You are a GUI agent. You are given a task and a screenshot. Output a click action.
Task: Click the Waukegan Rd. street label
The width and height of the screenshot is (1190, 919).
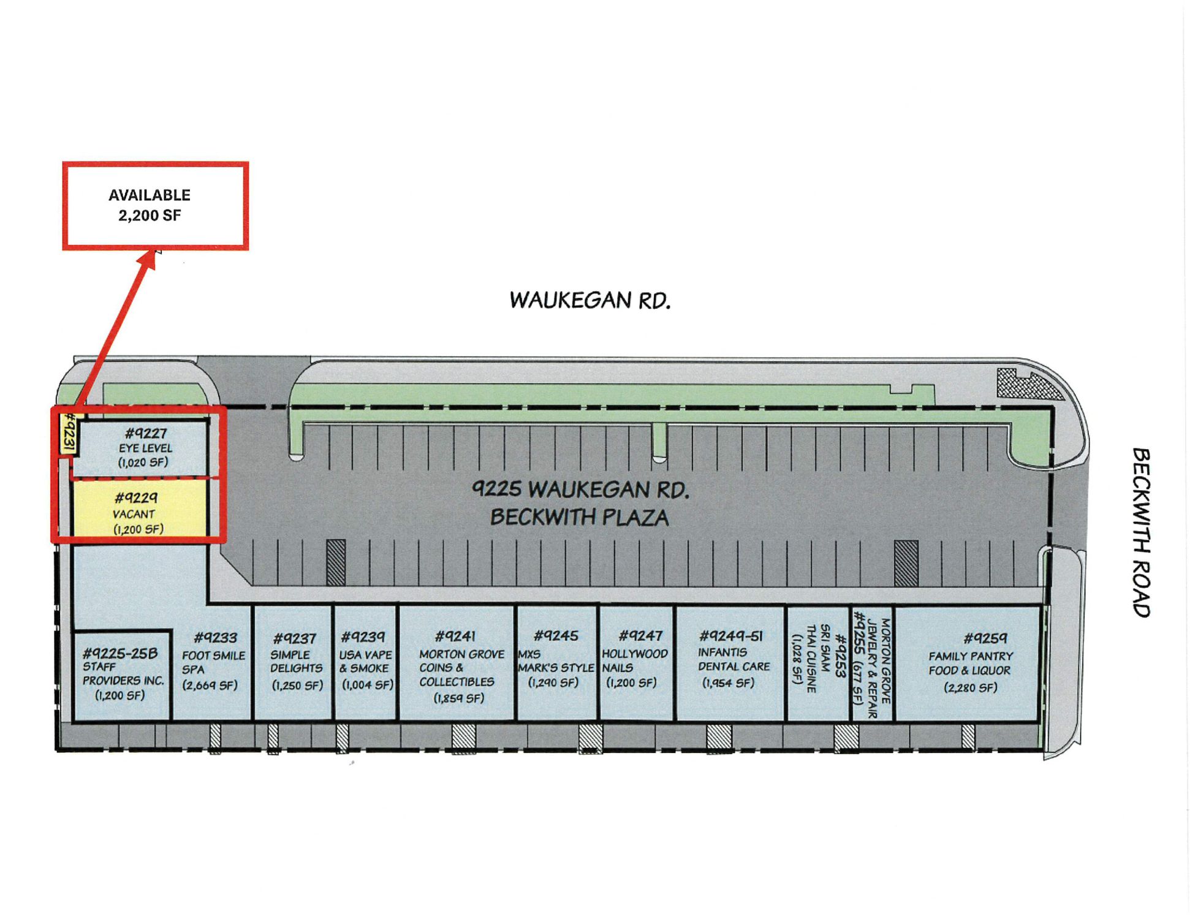coord(589,300)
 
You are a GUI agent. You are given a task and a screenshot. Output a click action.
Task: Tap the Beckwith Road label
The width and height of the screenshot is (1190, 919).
coord(1141,532)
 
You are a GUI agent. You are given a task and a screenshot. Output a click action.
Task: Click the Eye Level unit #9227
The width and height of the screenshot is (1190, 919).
coord(145,447)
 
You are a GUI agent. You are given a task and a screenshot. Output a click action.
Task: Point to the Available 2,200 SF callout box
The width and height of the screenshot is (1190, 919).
coord(155,205)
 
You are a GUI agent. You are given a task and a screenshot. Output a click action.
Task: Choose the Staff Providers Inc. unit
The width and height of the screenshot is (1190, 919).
coord(121,674)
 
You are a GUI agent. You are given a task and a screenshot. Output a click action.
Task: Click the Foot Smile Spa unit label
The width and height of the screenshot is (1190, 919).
coord(213,662)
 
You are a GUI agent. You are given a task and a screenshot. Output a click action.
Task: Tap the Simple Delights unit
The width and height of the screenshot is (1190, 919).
coord(294,662)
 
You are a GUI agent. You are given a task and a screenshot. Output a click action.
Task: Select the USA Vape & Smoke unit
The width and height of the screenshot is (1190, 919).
coord(366,662)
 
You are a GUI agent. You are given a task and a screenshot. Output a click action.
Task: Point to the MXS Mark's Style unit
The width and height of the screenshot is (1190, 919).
coord(556,659)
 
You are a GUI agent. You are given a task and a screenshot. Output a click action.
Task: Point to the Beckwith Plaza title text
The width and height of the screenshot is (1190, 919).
coord(579,518)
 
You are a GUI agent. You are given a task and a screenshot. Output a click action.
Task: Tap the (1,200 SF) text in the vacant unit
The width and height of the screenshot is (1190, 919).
coord(138,529)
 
